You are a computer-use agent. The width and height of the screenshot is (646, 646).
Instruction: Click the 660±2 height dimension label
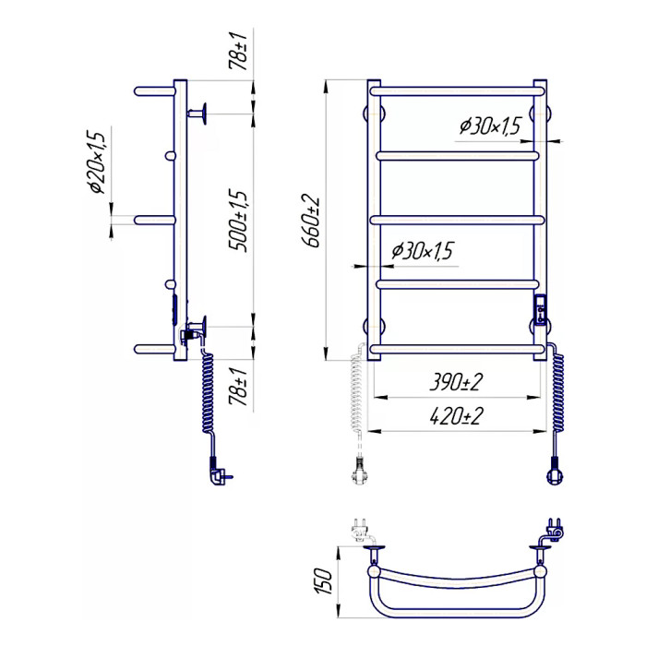(311, 221)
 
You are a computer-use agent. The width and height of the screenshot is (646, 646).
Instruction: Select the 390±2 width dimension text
(456, 382)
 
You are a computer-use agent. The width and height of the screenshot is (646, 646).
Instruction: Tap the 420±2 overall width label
(456, 416)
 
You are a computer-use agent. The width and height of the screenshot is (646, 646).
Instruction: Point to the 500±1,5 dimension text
(239, 221)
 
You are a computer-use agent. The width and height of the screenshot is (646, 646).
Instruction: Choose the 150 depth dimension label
(324, 581)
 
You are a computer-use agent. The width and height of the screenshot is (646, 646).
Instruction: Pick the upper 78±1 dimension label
(239, 51)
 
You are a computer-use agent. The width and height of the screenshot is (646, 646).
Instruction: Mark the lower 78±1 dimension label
(239, 387)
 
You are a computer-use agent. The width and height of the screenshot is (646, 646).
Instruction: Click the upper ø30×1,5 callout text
(491, 126)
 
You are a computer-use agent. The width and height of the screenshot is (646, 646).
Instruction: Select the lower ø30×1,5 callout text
(423, 250)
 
